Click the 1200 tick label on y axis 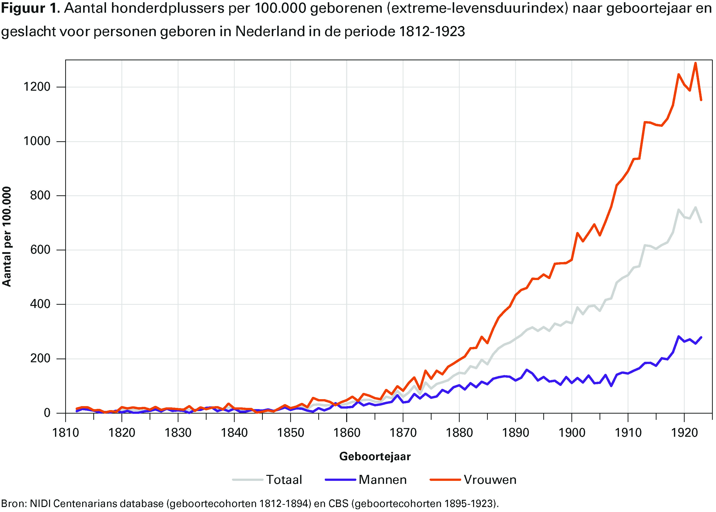[x=37, y=87]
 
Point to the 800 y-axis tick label [x=40, y=196]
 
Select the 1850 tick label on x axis [x=290, y=433]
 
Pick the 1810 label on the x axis [x=65, y=433]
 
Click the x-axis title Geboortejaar [x=375, y=456]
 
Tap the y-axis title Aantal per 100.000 [x=7, y=236]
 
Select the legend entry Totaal [x=284, y=480]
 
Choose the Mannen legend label [x=383, y=480]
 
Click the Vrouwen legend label [x=490, y=480]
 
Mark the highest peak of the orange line [x=695, y=63]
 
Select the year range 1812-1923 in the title [x=432, y=32]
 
